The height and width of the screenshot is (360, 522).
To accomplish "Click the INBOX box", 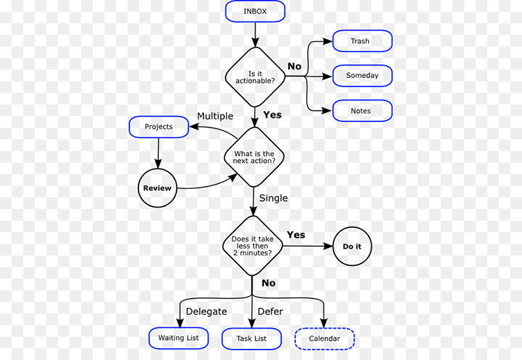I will [x=255, y=11].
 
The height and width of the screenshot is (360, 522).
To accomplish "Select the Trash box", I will [x=362, y=41].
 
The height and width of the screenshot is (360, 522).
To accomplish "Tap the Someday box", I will [x=362, y=75].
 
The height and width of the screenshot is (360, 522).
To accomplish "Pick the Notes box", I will [x=362, y=111].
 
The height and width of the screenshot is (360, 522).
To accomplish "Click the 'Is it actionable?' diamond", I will [x=255, y=77].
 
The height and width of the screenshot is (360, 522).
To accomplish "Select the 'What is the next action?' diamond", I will [x=255, y=157].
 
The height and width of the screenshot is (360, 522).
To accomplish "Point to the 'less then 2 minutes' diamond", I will [x=252, y=244].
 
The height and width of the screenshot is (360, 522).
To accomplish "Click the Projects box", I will [x=159, y=127].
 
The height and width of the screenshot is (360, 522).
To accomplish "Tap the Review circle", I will [x=157, y=188].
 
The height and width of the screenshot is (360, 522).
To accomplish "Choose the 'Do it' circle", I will [x=352, y=246].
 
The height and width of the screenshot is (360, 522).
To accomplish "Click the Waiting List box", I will [x=179, y=338].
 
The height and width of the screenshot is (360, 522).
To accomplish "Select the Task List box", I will [x=252, y=338].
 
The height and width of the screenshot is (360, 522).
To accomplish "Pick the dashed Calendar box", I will [x=324, y=339].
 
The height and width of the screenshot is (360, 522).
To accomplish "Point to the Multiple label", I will [x=215, y=116].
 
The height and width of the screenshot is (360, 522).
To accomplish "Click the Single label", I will [x=274, y=198].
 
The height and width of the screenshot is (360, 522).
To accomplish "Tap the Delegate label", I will [x=207, y=311].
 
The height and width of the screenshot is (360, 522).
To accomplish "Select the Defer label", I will [x=270, y=311].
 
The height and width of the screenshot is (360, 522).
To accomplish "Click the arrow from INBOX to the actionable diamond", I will [x=255, y=33].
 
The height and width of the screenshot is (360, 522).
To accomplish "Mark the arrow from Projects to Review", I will [x=159, y=152].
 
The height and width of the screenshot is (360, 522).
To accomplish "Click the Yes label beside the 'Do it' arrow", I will [x=296, y=235].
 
